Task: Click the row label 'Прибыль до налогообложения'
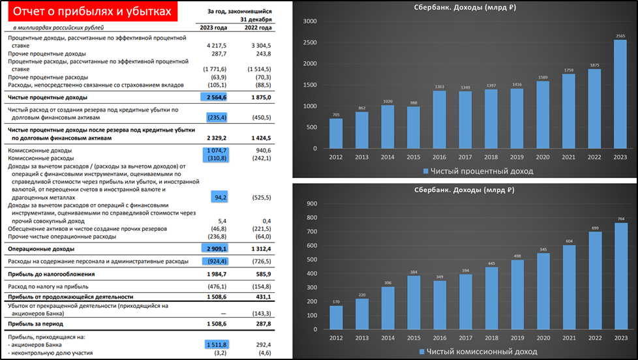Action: pos(51,274)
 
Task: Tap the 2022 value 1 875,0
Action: pos(259,97)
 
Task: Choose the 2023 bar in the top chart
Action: pos(620,94)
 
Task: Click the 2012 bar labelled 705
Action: pos(335,133)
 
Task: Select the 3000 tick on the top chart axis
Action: pos(309,22)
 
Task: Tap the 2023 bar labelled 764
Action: pos(620,288)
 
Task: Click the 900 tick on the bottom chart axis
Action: pos(311,203)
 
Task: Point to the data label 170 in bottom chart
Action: pos(335,301)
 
